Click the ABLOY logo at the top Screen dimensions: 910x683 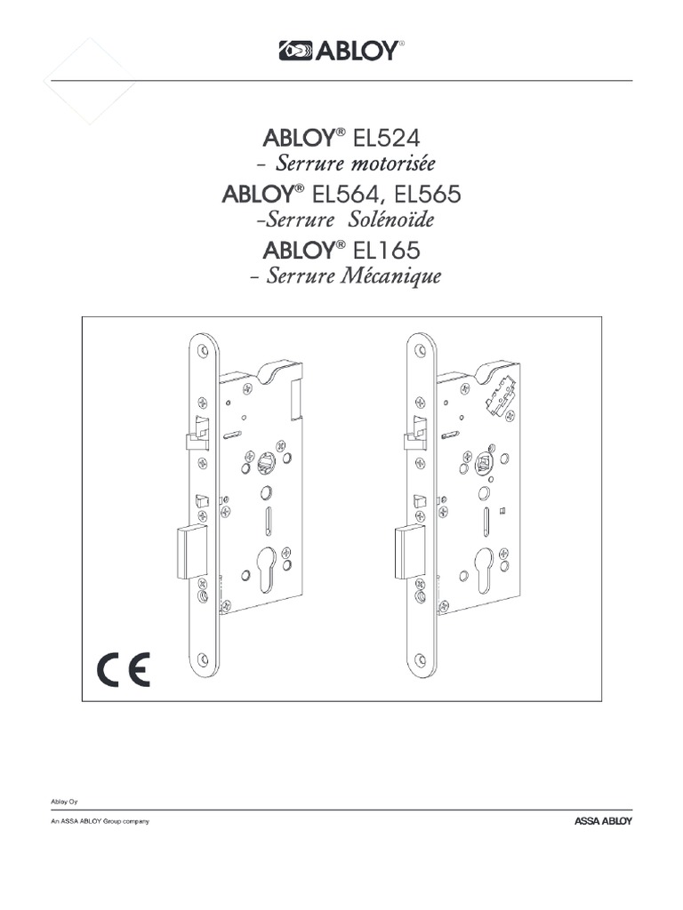click(x=341, y=52)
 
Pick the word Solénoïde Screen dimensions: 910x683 click(x=396, y=220)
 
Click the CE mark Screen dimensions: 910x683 click(x=124, y=669)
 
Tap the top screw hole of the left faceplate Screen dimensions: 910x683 click(x=204, y=347)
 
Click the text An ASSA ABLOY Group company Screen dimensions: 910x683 click(x=99, y=821)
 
